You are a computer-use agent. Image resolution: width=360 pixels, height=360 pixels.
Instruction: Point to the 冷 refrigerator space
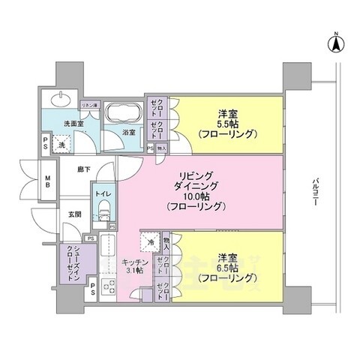(149, 242)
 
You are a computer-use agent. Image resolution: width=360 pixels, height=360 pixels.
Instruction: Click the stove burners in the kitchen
(107, 286)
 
